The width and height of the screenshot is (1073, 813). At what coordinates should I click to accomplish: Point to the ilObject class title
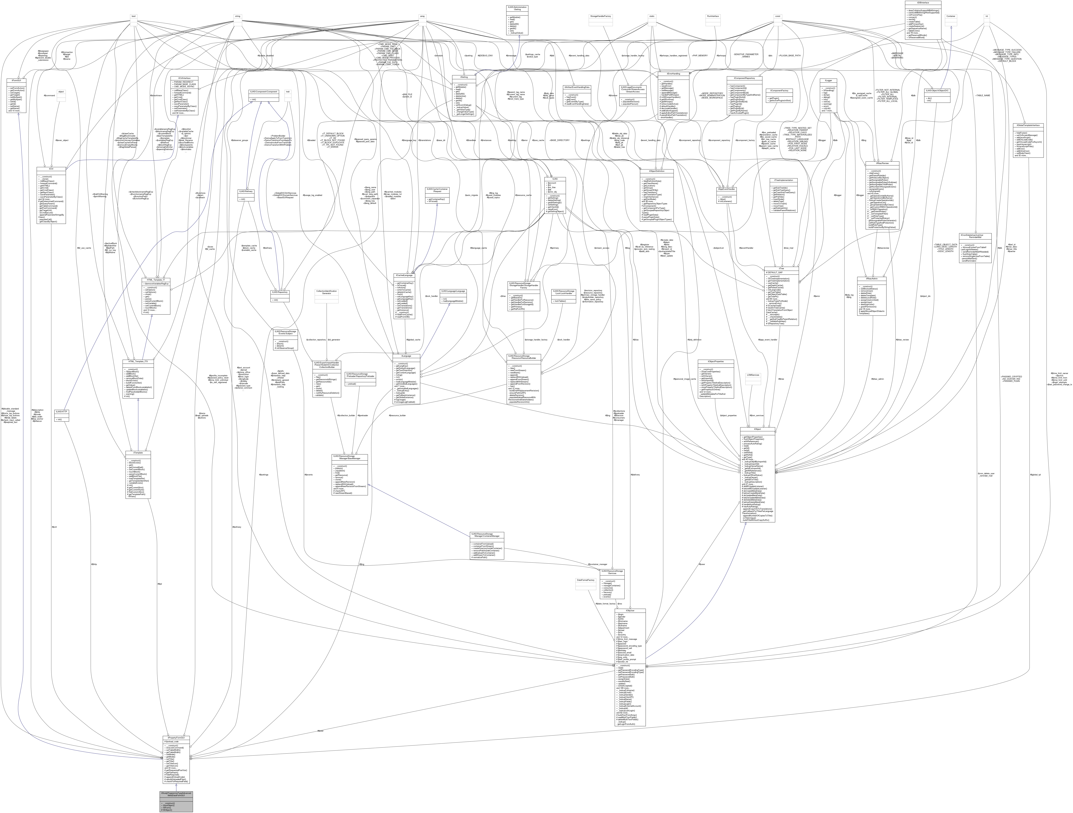[x=757, y=429]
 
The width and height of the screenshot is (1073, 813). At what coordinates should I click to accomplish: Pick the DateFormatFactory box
[x=585, y=580]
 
